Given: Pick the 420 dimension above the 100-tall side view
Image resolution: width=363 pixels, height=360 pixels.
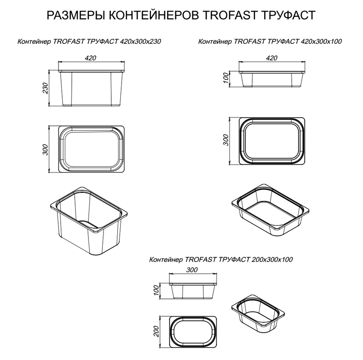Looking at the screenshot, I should [272, 58].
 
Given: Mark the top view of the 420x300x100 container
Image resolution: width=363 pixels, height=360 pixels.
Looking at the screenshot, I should [272, 140].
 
